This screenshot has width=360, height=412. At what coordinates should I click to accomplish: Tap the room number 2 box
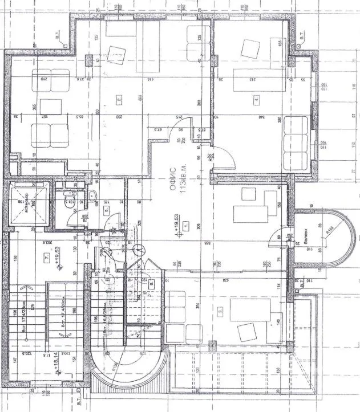[119, 100]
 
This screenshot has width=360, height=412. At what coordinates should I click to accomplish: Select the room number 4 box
[257, 101]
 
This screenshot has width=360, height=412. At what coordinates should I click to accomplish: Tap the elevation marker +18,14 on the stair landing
[55, 363]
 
